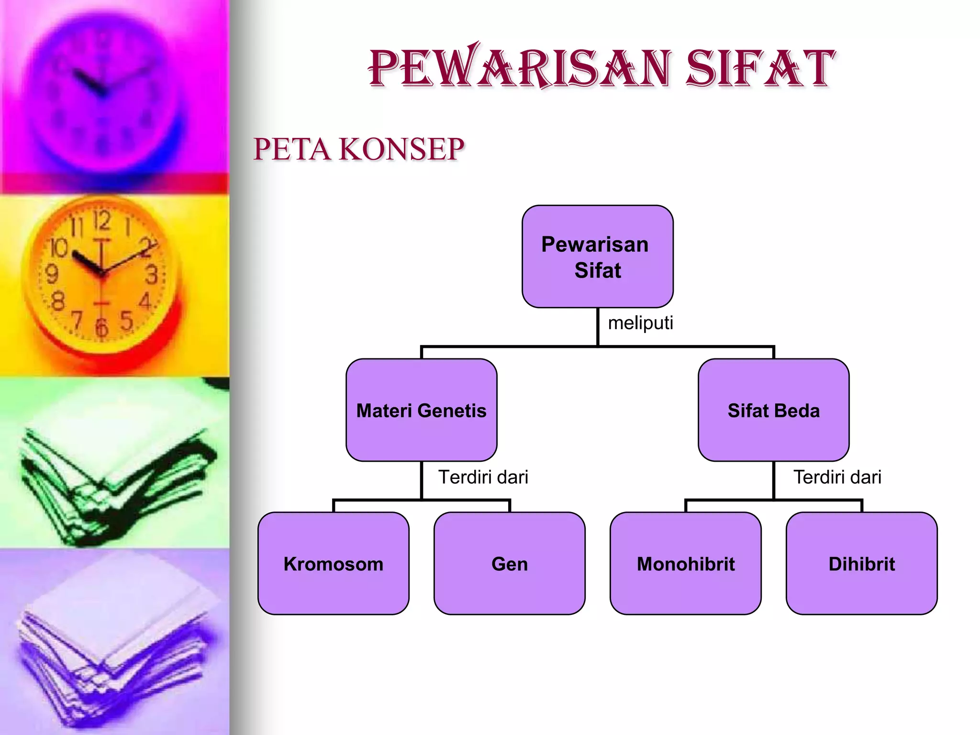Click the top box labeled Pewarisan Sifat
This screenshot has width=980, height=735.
tap(597, 256)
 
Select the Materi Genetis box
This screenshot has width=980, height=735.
tap(421, 410)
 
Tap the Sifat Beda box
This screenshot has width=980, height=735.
tap(773, 410)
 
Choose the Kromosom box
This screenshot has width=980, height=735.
tap(333, 563)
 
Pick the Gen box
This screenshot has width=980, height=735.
tap(509, 563)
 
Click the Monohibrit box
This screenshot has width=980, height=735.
tap(685, 563)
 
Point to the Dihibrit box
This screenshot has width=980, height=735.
tap(861, 563)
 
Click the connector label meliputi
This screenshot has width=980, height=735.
tap(640, 323)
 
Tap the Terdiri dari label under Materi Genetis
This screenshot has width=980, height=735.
tap(483, 477)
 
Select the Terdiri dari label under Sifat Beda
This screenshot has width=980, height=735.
tap(837, 477)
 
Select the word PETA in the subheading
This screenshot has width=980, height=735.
tap(291, 149)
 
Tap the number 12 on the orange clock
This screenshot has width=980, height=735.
tap(102, 221)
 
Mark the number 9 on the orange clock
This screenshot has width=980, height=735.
tap(51, 274)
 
